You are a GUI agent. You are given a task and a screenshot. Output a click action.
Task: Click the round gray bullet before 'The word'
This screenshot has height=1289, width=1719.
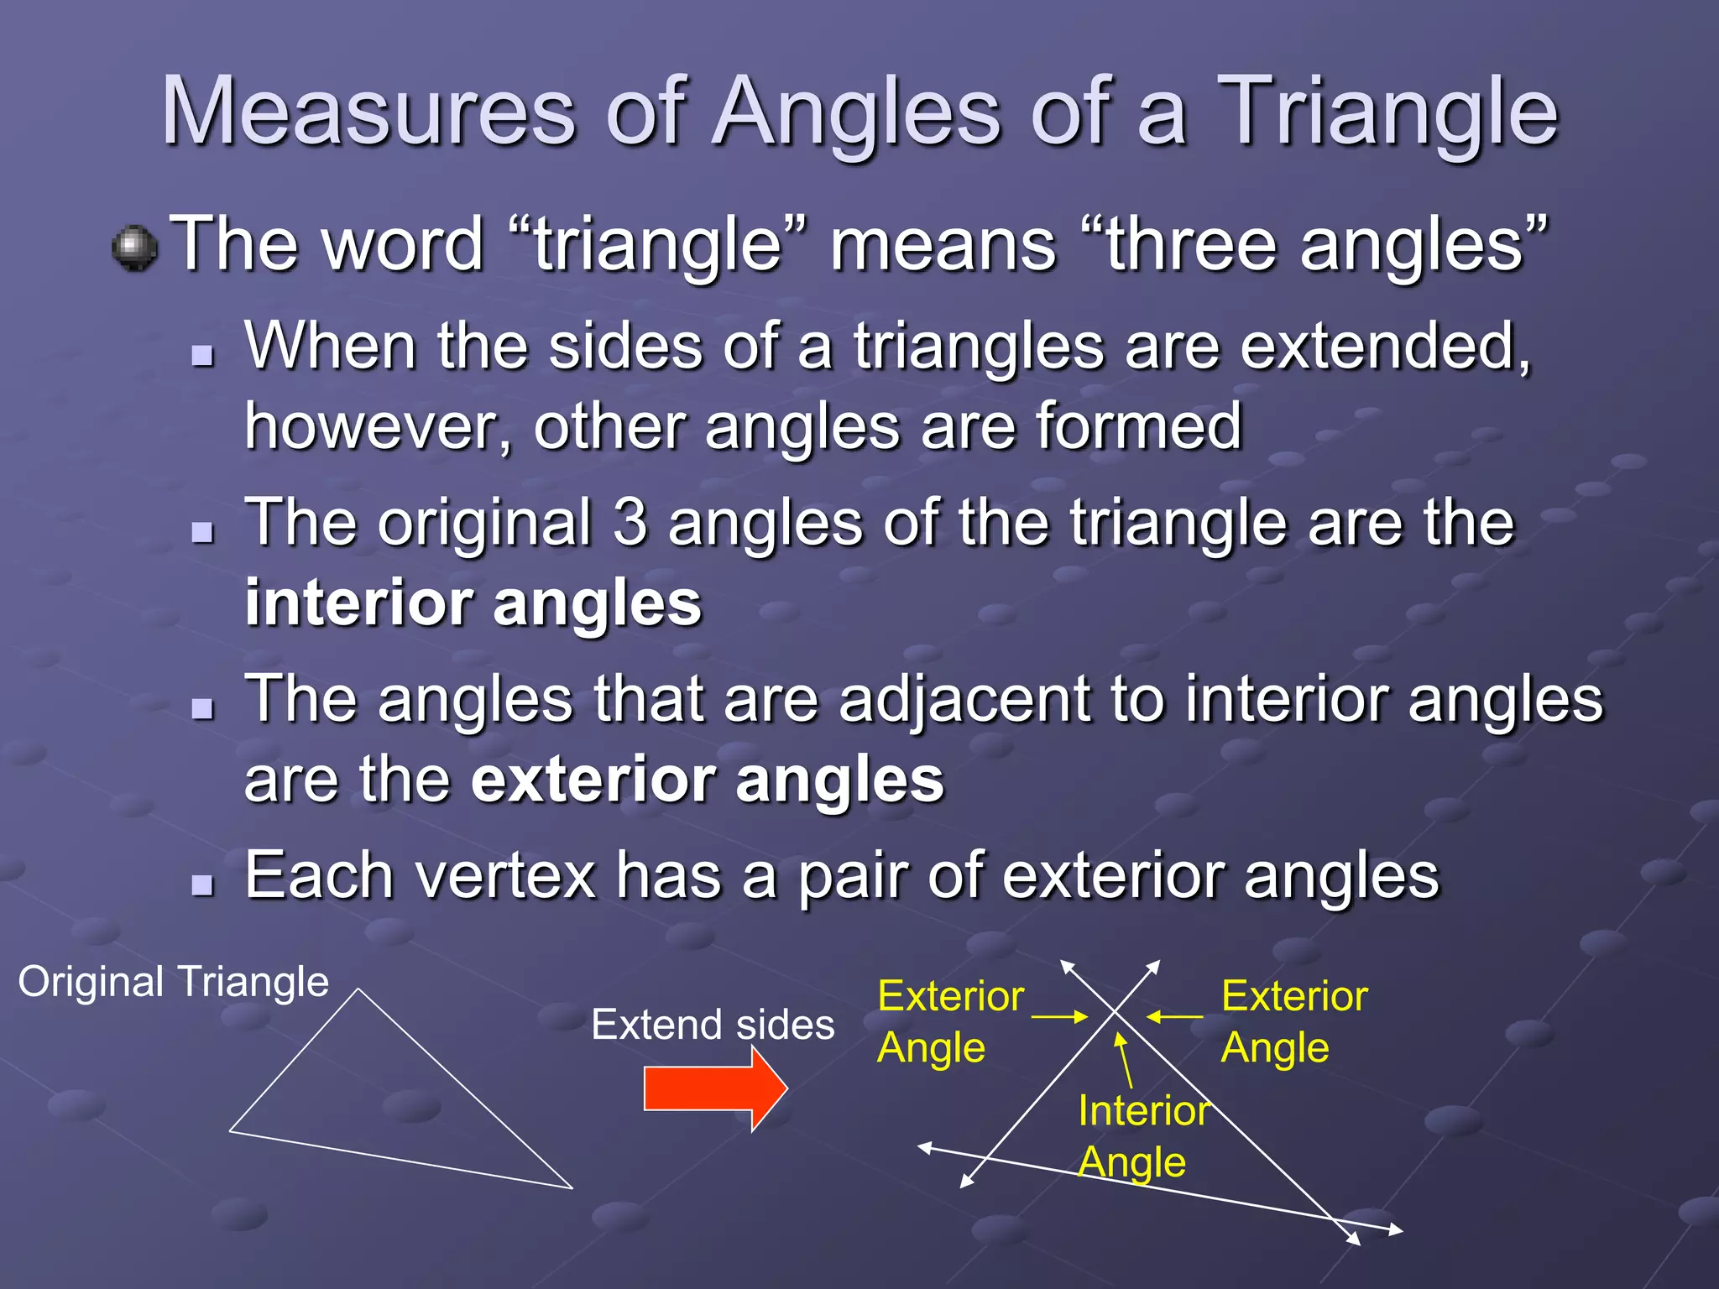tap(134, 248)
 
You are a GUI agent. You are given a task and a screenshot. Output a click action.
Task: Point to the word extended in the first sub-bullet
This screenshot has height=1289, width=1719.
tap(1385, 346)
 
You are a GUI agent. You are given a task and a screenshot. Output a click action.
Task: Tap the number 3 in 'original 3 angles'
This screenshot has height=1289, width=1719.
tap(630, 523)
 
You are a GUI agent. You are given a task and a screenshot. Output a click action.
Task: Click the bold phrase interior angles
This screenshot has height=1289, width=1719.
tap(473, 603)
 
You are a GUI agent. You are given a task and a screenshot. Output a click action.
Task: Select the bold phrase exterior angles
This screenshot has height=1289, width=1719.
tap(707, 780)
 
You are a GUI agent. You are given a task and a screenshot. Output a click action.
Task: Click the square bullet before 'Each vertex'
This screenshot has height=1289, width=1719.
tap(202, 885)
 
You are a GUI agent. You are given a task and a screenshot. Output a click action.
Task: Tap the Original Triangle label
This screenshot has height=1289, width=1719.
tap(173, 982)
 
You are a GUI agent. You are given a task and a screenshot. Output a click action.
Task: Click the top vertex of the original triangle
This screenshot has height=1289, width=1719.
tap(359, 991)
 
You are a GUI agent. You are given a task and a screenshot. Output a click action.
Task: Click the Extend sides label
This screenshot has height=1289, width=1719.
tap(713, 1025)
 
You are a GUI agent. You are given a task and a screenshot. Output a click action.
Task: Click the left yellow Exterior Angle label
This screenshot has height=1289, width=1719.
tap(949, 1022)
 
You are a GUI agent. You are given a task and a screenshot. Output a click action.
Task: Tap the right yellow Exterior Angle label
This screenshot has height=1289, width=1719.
tap(1293, 1022)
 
